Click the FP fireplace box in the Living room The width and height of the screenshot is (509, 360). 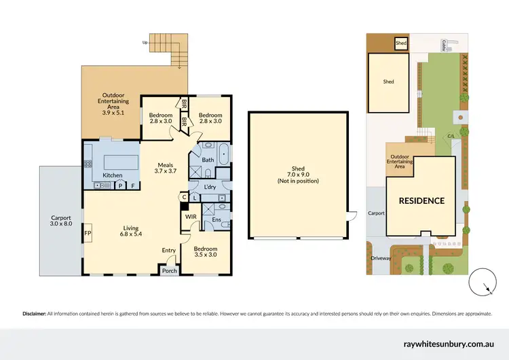pos(88,232)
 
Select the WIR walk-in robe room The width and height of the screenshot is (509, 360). pos(191,217)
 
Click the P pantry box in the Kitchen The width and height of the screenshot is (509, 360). pos(120,185)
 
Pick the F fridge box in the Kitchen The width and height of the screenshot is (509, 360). pos(133,185)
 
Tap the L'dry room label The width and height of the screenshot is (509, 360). pos(210,186)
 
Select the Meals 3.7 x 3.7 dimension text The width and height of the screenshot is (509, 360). pos(166,171)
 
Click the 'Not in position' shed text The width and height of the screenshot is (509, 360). pos(298,181)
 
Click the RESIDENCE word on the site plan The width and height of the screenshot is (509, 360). pos(421,200)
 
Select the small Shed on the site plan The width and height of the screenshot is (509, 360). pos(402,44)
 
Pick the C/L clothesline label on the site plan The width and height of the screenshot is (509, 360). pos(451,137)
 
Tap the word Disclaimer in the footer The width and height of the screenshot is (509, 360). pos(33,314)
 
